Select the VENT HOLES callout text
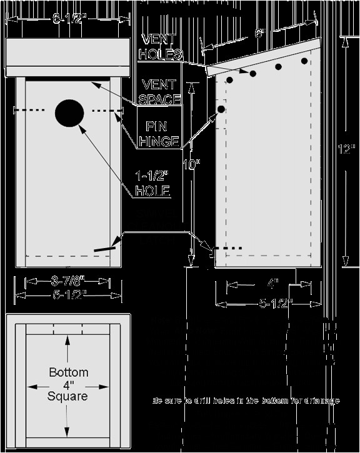(161, 47)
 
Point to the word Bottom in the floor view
(68, 372)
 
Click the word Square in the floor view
(68, 396)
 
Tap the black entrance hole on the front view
(69, 113)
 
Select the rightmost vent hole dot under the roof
(304, 61)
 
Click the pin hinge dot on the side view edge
(221, 109)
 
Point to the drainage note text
(246, 400)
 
